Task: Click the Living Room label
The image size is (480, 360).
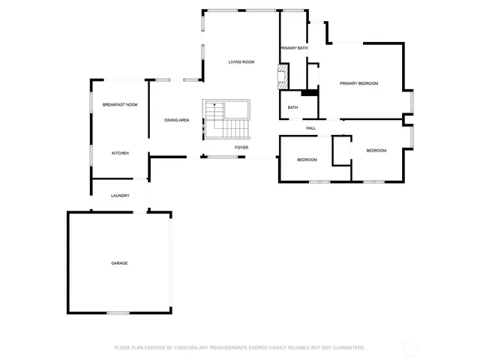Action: click(241, 61)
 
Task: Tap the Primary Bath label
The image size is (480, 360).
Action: click(294, 48)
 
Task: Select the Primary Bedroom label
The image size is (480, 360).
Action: click(358, 83)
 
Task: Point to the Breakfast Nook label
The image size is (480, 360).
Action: click(120, 105)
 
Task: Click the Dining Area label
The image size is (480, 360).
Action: click(177, 120)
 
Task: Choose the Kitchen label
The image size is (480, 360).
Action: click(120, 153)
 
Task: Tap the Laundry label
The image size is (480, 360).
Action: click(120, 196)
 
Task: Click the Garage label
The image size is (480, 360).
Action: click(119, 263)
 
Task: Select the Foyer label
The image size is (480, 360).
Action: click(241, 148)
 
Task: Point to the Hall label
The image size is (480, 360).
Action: click(310, 128)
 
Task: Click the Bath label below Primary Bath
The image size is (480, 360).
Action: click(292, 108)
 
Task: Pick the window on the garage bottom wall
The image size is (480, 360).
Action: click(118, 313)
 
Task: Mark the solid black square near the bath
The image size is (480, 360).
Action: click(307, 94)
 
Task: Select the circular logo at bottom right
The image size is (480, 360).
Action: click(411, 348)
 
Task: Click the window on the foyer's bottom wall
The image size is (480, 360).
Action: click(222, 157)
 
